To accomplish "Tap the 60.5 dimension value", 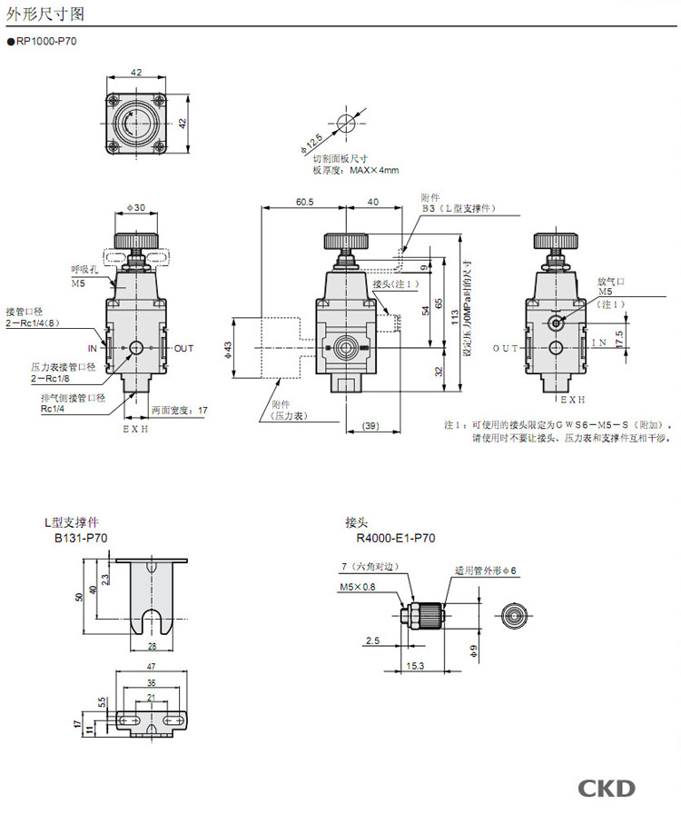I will click(x=303, y=203).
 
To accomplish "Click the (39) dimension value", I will click(x=370, y=426).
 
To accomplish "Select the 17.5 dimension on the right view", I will click(x=619, y=337).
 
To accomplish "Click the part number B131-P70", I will click(x=81, y=538).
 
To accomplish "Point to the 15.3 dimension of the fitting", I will click(x=416, y=665).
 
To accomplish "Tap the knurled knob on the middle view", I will click(x=345, y=241).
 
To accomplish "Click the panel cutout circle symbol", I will click(x=344, y=124).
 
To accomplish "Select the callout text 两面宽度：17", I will click(x=179, y=410).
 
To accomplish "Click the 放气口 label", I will click(x=608, y=282).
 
